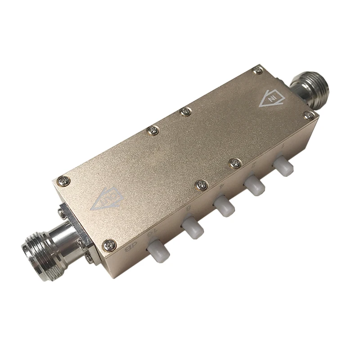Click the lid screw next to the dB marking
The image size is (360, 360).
pos(109,245)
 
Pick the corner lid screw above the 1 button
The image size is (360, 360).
pos(309,116)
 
